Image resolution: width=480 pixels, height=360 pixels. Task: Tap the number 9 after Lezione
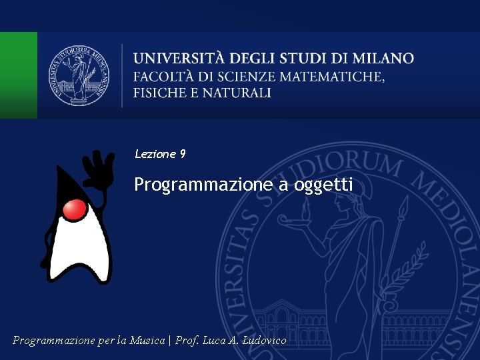(x=183, y=154)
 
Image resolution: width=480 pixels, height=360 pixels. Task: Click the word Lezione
(x=155, y=154)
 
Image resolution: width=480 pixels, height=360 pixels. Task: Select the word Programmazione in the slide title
(x=203, y=185)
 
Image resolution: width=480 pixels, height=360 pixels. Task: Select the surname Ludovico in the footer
(x=265, y=341)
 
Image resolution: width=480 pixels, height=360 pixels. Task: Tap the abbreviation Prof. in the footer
(x=188, y=341)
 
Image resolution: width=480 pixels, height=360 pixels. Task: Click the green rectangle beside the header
(x=18, y=75)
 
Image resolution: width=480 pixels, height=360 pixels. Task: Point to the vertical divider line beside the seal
(x=122, y=75)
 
